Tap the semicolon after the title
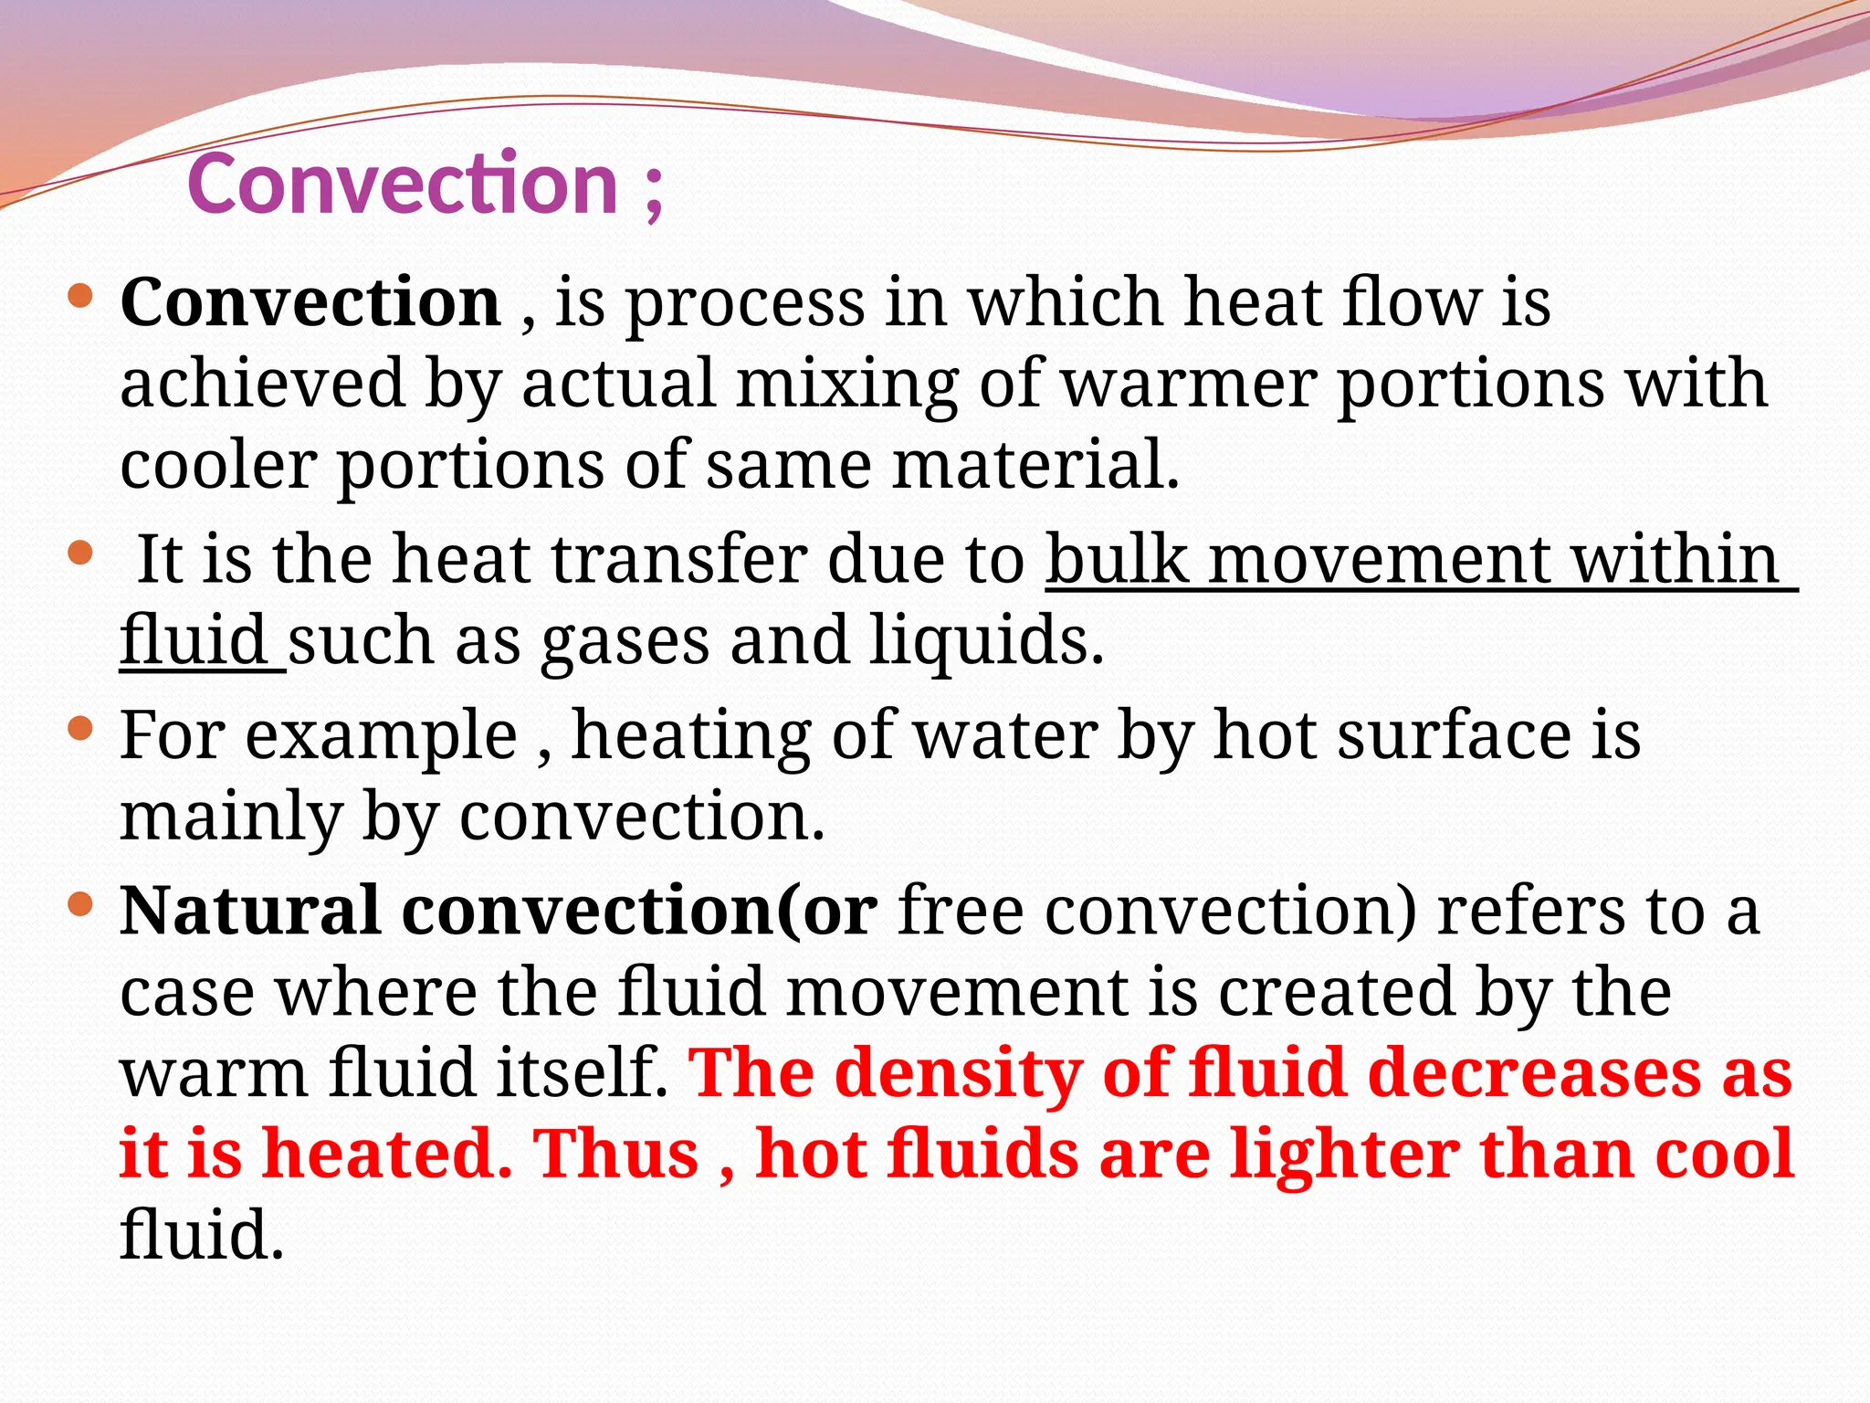coord(652,192)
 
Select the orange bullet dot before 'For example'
coord(80,729)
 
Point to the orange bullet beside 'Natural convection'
coord(80,904)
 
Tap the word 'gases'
coord(625,641)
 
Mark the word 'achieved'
coord(263,384)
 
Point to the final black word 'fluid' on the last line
coord(201,1235)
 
